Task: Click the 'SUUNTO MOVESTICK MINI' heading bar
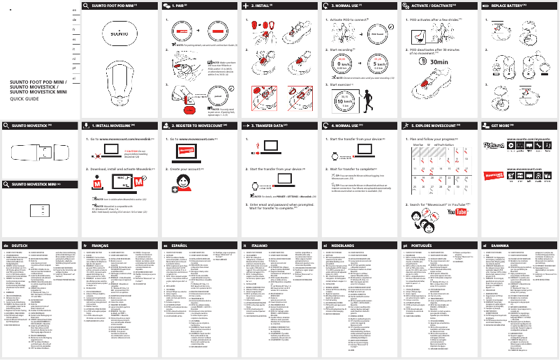click(x=39, y=183)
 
